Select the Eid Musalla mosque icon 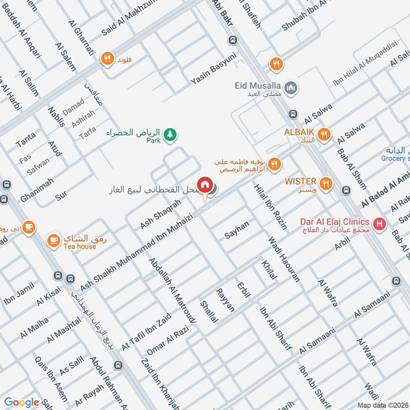pyautogui.click(x=291, y=88)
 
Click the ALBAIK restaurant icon pyautogui.click(x=323, y=135)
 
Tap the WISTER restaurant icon pyautogui.click(x=325, y=183)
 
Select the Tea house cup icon pyautogui.click(x=53, y=240)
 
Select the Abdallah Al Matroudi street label pyautogui.click(x=173, y=290)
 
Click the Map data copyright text pyautogui.click(x=383, y=405)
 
